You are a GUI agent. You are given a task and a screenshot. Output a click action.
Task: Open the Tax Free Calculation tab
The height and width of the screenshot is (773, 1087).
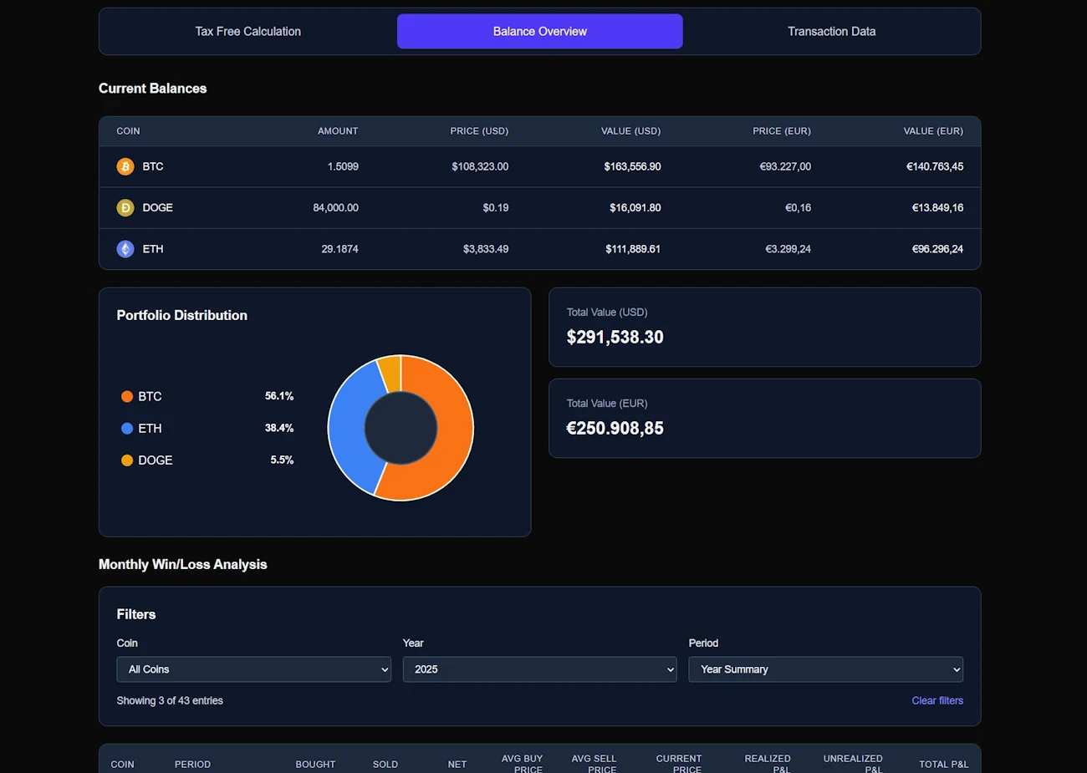tap(248, 32)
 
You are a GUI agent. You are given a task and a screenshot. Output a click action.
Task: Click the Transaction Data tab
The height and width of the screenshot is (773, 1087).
tap(831, 32)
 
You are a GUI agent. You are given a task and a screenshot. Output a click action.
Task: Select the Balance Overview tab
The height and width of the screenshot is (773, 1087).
tap(539, 32)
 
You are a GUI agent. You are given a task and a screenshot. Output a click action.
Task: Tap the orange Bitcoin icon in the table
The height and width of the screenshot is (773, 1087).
tap(125, 166)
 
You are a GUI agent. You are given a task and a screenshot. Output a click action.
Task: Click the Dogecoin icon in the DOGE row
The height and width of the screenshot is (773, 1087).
tap(125, 208)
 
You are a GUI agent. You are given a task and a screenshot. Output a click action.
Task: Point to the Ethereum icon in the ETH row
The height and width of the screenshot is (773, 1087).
tap(125, 249)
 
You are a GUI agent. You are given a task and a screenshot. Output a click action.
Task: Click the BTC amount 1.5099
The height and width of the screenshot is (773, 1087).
tap(343, 166)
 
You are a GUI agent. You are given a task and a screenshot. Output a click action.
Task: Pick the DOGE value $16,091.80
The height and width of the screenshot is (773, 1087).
tap(635, 208)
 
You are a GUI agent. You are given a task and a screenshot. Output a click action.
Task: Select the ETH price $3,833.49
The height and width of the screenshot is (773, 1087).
tap(486, 249)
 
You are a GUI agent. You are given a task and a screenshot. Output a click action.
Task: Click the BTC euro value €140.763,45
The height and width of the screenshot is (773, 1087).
tap(934, 166)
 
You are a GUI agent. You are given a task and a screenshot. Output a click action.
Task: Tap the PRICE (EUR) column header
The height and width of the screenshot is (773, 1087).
tap(781, 131)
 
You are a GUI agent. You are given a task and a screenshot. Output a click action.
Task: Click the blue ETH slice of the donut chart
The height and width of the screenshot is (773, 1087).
tap(345, 426)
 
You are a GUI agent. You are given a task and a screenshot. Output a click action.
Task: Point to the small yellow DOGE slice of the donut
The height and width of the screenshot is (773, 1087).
tap(390, 373)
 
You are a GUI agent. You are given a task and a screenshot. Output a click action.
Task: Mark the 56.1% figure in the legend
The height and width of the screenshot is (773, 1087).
tap(279, 396)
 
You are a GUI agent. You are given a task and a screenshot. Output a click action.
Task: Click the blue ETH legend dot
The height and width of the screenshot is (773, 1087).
tap(127, 429)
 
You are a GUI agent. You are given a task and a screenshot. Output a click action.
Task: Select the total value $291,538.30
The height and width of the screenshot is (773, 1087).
tap(615, 338)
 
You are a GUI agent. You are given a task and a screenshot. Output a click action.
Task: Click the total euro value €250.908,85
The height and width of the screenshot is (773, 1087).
tap(615, 429)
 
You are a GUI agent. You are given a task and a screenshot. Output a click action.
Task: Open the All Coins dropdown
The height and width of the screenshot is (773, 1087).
tap(253, 669)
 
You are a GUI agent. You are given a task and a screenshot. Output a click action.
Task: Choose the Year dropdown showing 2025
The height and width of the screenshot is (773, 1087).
tap(539, 669)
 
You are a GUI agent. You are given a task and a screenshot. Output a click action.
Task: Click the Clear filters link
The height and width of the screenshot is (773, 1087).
tap(936, 701)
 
